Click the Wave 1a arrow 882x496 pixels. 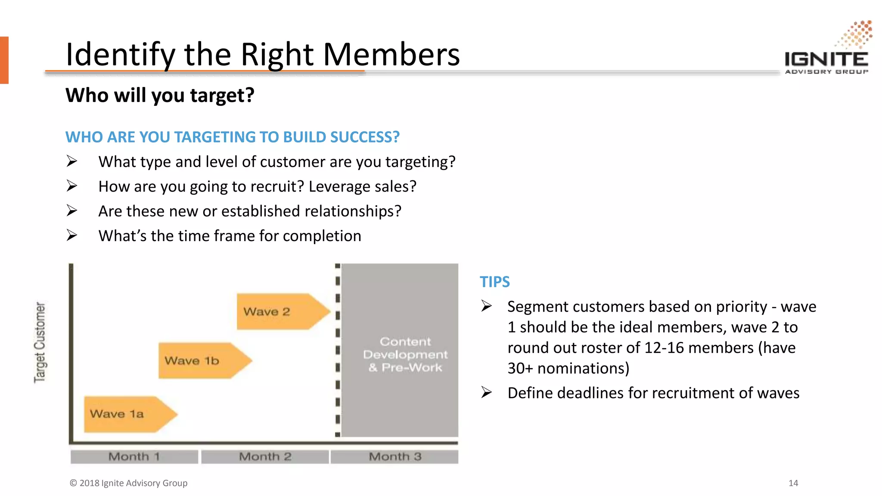(x=129, y=414)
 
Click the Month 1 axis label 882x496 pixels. (x=134, y=456)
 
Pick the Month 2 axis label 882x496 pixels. (x=265, y=456)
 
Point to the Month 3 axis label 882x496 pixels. (x=394, y=456)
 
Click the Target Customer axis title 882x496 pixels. (x=40, y=342)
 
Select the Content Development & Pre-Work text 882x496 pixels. (x=405, y=354)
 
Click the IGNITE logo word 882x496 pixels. (x=826, y=59)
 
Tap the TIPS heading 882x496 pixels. (x=494, y=282)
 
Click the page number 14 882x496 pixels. (x=793, y=483)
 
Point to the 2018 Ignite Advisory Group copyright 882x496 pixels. (x=128, y=483)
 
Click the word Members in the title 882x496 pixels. (x=391, y=55)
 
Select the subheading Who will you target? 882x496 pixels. (x=160, y=95)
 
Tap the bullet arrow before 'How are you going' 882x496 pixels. (x=72, y=186)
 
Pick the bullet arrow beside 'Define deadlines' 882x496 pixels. (x=487, y=393)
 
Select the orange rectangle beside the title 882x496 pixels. (x=4, y=60)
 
